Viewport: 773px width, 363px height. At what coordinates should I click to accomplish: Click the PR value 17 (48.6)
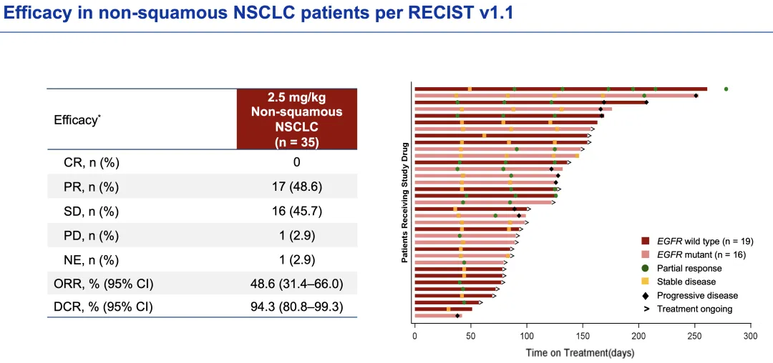pos(296,187)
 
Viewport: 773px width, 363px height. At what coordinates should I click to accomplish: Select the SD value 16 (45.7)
pos(296,212)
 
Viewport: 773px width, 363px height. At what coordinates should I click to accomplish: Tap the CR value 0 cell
pos(296,162)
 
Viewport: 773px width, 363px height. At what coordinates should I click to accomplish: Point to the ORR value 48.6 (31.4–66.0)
pos(296,284)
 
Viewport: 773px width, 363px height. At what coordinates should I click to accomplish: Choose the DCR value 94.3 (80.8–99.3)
pos(296,307)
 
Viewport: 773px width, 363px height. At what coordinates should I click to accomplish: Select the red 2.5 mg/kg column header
pos(296,119)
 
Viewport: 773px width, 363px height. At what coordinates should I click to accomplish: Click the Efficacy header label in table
pos(77,120)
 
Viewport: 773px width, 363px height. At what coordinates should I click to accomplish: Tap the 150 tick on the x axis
pos(583,335)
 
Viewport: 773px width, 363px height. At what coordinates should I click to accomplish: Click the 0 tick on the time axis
pos(415,335)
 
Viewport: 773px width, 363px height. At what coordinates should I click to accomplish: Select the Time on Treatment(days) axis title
pos(580,352)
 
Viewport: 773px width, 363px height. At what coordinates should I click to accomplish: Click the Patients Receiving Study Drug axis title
pos(404,202)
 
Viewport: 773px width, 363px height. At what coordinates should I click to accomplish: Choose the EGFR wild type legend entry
pos(704,242)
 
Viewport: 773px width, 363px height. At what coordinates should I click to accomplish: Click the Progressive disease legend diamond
pos(645,296)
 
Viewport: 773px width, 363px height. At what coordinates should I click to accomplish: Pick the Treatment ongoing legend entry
pos(694,309)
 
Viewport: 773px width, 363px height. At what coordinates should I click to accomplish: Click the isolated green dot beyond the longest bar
pos(726,89)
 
